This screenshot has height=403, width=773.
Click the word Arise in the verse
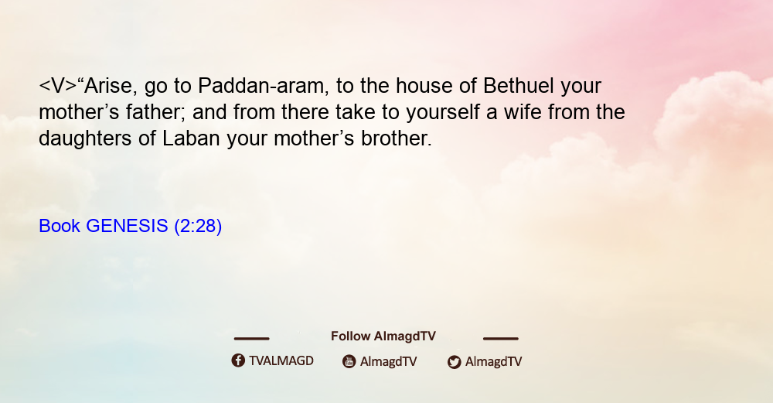[x=107, y=87]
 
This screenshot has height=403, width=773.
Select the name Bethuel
[x=518, y=86]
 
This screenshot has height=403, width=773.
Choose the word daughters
[x=85, y=138]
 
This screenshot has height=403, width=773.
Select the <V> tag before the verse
[x=58, y=87]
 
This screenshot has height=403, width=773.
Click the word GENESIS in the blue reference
[x=127, y=226]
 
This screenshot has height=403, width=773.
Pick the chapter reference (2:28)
[x=198, y=227]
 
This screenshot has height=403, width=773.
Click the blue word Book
[x=60, y=226]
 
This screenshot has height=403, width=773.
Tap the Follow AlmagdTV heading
[x=383, y=336]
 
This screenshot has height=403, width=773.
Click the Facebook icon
[x=238, y=360]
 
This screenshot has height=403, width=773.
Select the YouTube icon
[x=349, y=361]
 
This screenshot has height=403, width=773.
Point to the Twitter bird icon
[x=454, y=362]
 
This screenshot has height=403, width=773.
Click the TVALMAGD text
[x=281, y=360]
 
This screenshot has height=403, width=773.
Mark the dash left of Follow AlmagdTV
[x=251, y=339]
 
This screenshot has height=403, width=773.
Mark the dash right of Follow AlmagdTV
[x=500, y=339]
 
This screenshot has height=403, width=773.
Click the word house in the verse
[x=424, y=86]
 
